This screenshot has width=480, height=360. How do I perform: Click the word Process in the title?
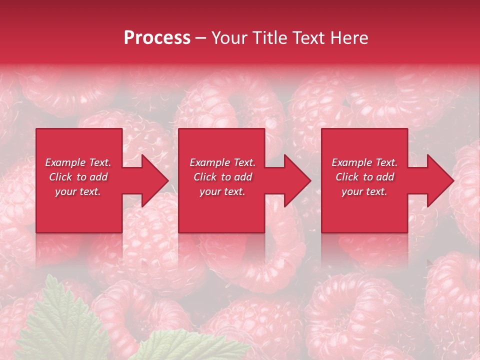[157, 38]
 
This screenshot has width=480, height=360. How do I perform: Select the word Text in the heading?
[308, 38]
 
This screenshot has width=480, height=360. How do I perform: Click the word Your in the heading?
[228, 38]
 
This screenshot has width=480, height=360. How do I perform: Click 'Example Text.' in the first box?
[78, 162]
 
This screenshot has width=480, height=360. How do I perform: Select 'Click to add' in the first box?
[78, 177]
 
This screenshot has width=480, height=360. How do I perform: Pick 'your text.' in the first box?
[78, 191]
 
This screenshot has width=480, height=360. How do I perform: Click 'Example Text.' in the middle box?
[222, 162]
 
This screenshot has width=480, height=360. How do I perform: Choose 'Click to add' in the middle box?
[222, 177]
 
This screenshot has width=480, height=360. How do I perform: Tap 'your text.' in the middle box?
[222, 191]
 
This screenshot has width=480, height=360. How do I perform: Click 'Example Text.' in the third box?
[364, 162]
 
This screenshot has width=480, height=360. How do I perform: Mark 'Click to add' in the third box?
[364, 177]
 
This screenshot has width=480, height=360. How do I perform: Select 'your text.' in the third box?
[364, 191]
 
